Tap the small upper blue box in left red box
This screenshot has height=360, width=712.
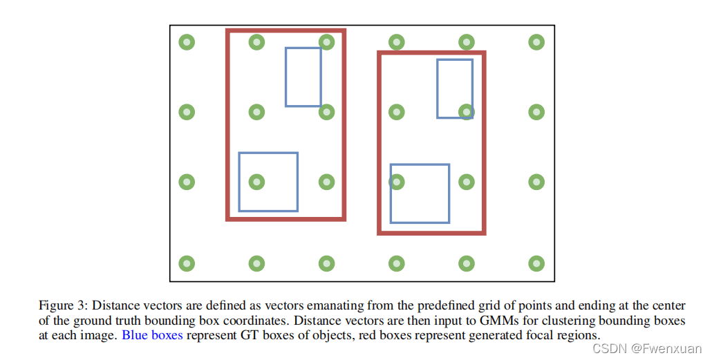click(x=303, y=77)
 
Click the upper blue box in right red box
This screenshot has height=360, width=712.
click(x=455, y=88)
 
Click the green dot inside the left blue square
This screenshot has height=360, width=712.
click(x=256, y=182)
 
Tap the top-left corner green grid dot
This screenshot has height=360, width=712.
click(x=187, y=42)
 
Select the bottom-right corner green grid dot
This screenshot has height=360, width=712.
click(x=536, y=263)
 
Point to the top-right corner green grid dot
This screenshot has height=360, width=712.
click(x=536, y=42)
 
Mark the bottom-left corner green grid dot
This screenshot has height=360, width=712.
click(x=187, y=263)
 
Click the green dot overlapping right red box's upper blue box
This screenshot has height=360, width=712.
click(x=467, y=111)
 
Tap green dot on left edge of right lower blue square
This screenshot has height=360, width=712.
click(x=397, y=182)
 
